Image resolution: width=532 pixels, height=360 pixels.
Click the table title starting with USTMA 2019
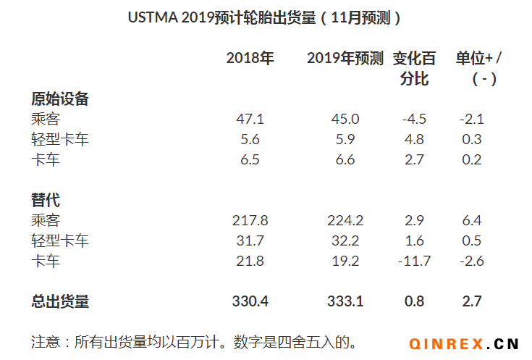(x=265, y=18)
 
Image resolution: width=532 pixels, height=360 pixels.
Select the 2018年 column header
(x=250, y=59)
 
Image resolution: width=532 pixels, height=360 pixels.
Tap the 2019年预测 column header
(x=345, y=59)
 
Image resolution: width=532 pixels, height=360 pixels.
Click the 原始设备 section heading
(x=60, y=99)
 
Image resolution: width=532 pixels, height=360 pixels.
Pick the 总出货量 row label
(x=60, y=301)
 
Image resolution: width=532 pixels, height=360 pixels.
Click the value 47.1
(x=250, y=120)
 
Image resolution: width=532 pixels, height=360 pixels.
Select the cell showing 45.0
(x=345, y=120)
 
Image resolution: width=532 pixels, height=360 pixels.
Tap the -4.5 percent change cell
(x=413, y=120)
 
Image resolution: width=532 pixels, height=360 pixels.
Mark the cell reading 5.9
(x=345, y=140)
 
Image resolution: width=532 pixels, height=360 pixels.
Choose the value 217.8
(x=250, y=220)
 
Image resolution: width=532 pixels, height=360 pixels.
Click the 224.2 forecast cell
(x=345, y=220)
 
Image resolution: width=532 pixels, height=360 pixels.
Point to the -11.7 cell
(x=413, y=261)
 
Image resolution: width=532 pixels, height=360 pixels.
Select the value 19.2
(x=345, y=261)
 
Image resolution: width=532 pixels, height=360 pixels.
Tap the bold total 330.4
(x=250, y=301)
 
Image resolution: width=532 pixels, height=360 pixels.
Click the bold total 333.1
(x=345, y=301)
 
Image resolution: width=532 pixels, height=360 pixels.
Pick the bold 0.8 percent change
(x=414, y=301)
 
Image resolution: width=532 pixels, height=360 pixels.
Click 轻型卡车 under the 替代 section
(x=60, y=240)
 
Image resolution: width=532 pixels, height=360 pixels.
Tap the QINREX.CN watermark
(x=464, y=343)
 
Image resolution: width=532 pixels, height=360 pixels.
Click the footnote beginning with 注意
(x=195, y=340)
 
